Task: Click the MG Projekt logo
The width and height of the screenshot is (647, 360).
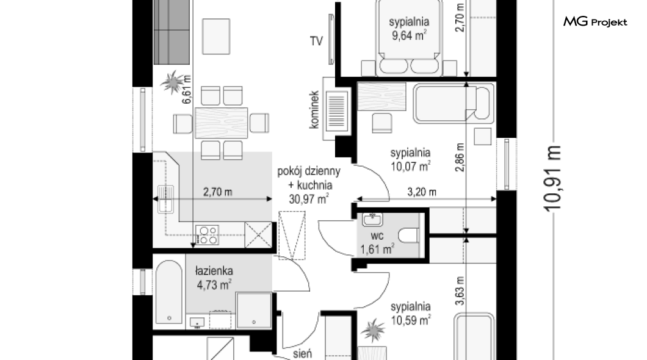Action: pyautogui.click(x=595, y=21)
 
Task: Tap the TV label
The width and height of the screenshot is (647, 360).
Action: pyautogui.click(x=316, y=41)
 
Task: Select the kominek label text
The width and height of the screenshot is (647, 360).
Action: pyautogui.click(x=314, y=110)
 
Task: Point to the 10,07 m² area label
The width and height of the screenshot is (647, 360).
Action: pyautogui.click(x=411, y=167)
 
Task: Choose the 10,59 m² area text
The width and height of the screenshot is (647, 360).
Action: pyautogui.click(x=411, y=320)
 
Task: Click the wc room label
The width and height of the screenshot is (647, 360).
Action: pyautogui.click(x=377, y=236)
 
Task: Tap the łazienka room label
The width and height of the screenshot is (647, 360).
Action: pyautogui.click(x=214, y=271)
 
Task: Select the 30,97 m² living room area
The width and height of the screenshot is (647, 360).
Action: pyautogui.click(x=309, y=199)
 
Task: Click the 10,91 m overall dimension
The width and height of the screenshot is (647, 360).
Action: pyautogui.click(x=553, y=179)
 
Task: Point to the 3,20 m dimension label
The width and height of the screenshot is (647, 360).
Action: pyautogui.click(x=422, y=192)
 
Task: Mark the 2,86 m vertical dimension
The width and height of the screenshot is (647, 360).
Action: pyautogui.click(x=460, y=157)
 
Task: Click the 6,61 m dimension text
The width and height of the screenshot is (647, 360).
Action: pyautogui.click(x=187, y=89)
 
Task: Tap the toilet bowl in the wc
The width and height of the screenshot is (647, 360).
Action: pyautogui.click(x=408, y=236)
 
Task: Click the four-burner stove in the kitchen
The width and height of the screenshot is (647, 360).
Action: pyautogui.click(x=207, y=235)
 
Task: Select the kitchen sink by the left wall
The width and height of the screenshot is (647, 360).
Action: pyautogui.click(x=165, y=199)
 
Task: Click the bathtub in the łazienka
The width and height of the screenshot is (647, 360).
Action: pyautogui.click(x=169, y=292)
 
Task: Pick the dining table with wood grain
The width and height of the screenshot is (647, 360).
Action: pyautogui.click(x=221, y=123)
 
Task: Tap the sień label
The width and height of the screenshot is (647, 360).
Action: pyautogui.click(x=303, y=354)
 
